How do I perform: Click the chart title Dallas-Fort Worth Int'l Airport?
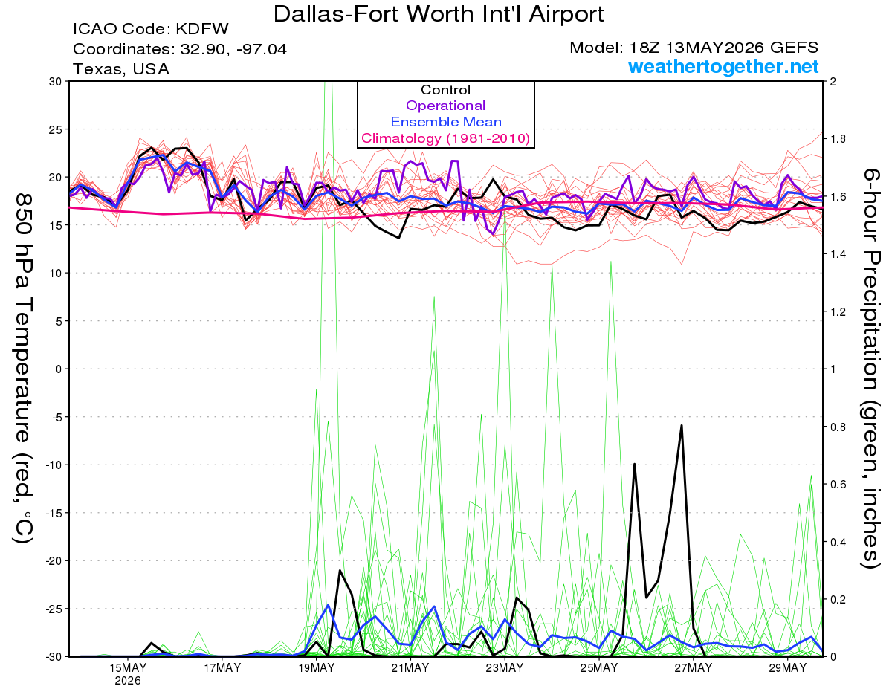point(439,14)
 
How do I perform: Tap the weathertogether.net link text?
point(723,67)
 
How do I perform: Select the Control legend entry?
point(445,90)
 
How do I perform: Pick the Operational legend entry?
point(445,106)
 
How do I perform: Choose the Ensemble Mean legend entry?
point(446,122)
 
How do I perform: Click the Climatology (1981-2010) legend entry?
point(445,138)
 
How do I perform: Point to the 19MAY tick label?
point(316,668)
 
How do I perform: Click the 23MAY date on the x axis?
point(505,668)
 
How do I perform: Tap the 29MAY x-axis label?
point(788,668)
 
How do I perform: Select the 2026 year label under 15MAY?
point(128,682)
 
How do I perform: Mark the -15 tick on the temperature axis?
point(53,513)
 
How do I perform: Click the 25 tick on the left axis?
point(55,129)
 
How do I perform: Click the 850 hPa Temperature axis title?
point(23,369)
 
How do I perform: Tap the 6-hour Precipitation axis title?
point(871,369)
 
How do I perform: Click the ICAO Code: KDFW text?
point(151,29)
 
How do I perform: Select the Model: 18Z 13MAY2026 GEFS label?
point(694,48)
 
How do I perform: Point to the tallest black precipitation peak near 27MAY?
point(682,426)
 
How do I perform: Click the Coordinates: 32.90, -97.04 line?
point(180,49)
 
